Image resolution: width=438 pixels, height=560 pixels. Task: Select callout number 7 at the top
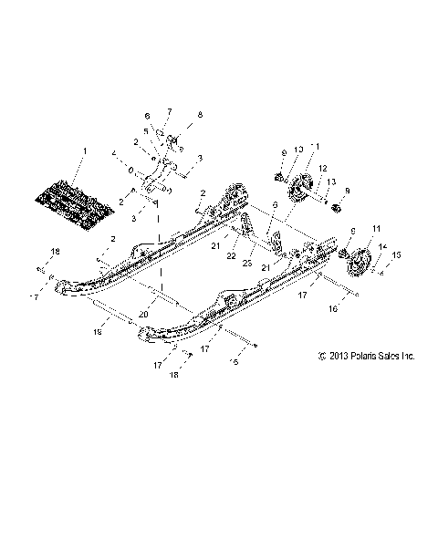point(169,112)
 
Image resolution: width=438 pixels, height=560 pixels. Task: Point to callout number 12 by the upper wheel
point(322,167)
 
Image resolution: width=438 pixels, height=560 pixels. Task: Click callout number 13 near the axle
point(332,181)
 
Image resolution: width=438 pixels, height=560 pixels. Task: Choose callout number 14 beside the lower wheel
point(382,247)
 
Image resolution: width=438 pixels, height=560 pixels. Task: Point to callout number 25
point(247,262)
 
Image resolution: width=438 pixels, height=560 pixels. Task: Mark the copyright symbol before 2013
point(323,358)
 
